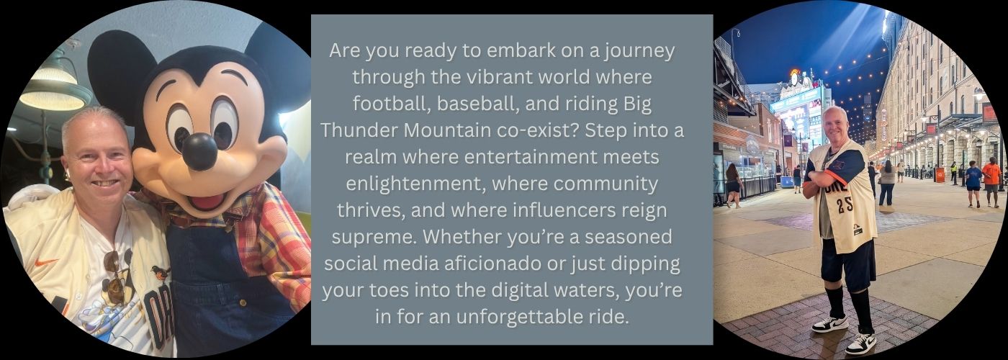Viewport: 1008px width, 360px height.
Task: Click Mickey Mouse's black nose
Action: [x=199, y=151]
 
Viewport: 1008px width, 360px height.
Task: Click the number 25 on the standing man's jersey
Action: [x=844, y=205]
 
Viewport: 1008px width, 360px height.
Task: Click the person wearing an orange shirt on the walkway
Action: [x=991, y=181]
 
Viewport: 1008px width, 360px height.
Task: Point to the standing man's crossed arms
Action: [x=828, y=180]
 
